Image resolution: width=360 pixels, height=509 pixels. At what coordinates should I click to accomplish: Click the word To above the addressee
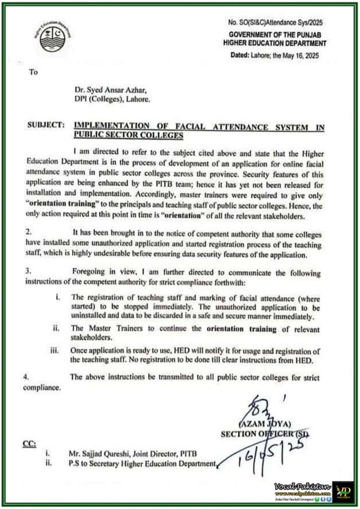point(33,72)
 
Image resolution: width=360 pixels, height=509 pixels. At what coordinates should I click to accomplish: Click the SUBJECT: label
point(45,126)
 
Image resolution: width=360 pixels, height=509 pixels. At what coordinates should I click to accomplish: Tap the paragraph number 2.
point(29,232)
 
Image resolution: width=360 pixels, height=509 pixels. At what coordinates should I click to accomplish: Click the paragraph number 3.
point(29,272)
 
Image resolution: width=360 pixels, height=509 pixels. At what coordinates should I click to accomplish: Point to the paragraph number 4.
point(26,377)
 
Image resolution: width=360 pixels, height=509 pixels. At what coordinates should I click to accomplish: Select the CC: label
point(29,443)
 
